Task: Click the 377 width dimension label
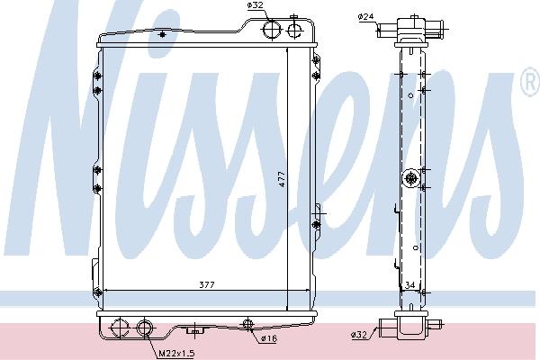pyautogui.click(x=207, y=285)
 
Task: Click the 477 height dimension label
pyautogui.click(x=282, y=179)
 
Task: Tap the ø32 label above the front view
pyautogui.click(x=256, y=5)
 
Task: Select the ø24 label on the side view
pyautogui.click(x=365, y=16)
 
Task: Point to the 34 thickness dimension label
pyautogui.click(x=409, y=285)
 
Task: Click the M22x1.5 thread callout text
pyautogui.click(x=176, y=354)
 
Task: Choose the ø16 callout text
pyautogui.click(x=269, y=338)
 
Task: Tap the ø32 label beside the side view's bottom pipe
pyautogui.click(x=359, y=334)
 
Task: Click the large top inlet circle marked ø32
pyautogui.click(x=272, y=29)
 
